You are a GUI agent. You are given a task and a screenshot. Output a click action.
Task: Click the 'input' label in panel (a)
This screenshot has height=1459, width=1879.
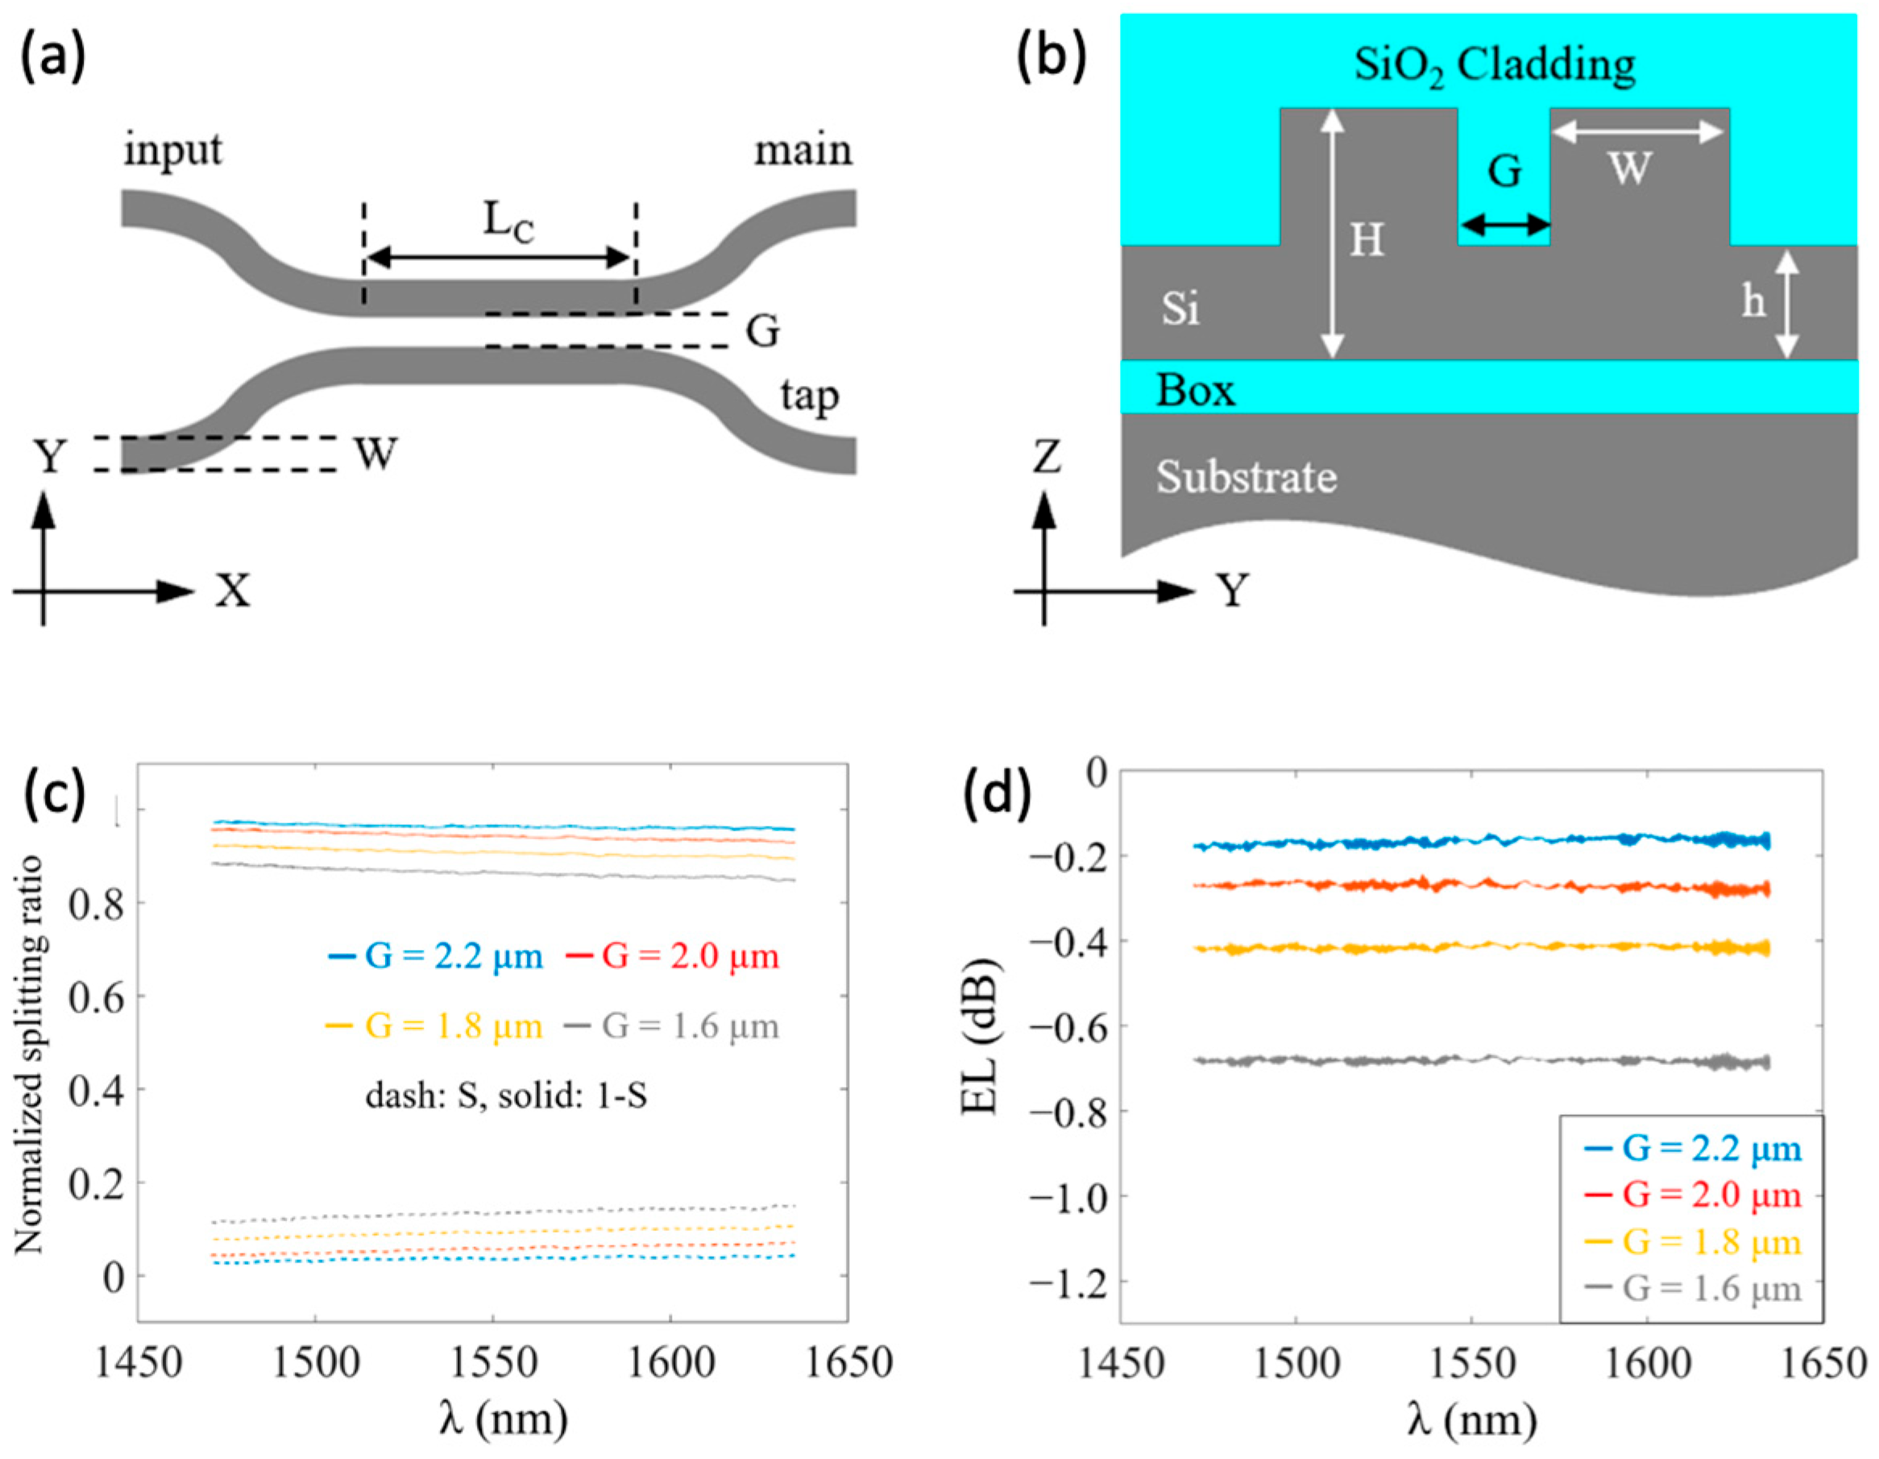173,151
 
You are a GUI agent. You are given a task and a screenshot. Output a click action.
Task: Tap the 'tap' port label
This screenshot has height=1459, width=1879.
809,397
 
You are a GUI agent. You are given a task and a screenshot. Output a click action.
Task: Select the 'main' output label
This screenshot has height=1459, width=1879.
803,151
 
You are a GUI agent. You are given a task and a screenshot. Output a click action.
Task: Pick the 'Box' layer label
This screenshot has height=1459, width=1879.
1195,391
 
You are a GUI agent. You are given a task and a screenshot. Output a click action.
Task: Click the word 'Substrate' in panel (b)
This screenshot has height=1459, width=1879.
1246,477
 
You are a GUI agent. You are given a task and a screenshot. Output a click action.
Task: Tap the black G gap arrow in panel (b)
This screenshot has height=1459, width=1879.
1505,227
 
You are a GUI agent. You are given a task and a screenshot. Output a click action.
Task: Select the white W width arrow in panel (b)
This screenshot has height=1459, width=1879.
1637,131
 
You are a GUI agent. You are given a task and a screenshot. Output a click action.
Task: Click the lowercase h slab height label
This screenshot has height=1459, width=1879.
1752,302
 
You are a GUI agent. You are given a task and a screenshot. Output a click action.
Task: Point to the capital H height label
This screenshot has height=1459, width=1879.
1367,241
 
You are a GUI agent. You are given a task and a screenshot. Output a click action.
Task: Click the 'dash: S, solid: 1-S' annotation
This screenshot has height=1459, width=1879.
506,1096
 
